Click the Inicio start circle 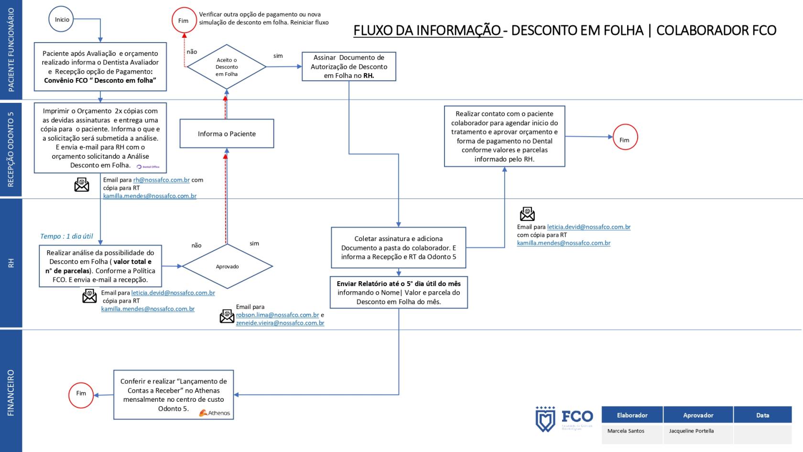[x=62, y=20]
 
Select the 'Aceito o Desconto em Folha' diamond [x=227, y=67]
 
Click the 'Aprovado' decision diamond [x=227, y=266]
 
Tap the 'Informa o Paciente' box [x=227, y=134]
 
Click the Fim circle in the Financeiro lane [x=81, y=394]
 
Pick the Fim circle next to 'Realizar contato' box [x=624, y=137]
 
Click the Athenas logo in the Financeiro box [x=215, y=413]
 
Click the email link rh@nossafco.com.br [x=162, y=180]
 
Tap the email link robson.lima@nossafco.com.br [x=277, y=315]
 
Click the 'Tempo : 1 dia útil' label [x=66, y=236]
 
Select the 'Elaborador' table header [x=632, y=415]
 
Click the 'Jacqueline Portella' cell [x=691, y=431]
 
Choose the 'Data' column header [x=762, y=415]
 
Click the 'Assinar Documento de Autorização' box [x=349, y=66]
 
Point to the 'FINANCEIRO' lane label [x=11, y=392]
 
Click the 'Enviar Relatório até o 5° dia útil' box [x=399, y=293]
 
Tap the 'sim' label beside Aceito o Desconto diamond [x=278, y=56]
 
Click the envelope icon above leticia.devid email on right [x=527, y=214]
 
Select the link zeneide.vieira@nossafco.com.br [x=280, y=323]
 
